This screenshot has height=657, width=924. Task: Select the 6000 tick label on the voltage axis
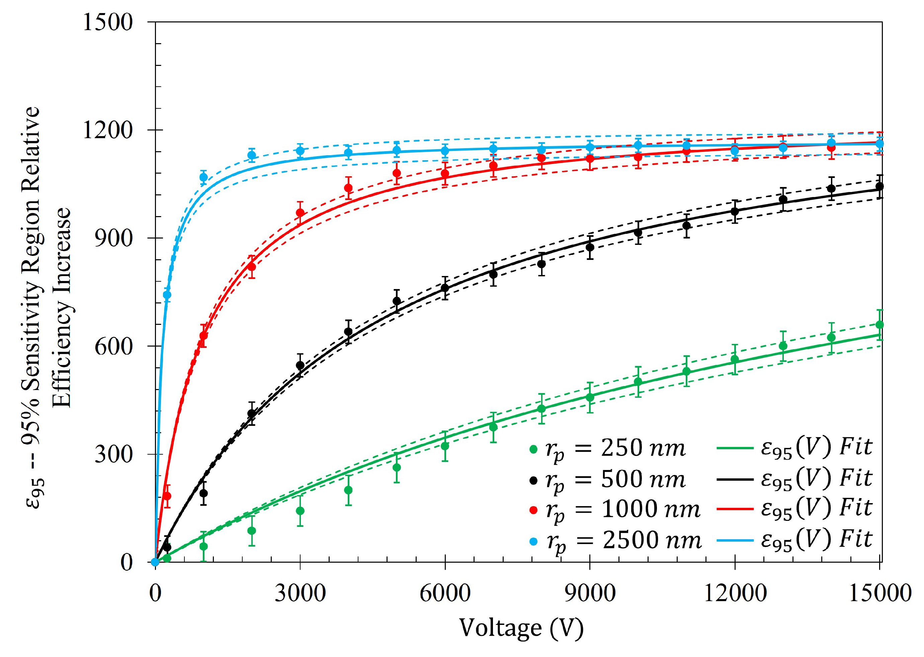click(x=444, y=594)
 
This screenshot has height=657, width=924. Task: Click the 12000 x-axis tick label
click(x=735, y=594)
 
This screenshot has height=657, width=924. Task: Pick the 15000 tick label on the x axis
click(x=879, y=594)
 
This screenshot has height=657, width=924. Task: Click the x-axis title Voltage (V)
click(x=521, y=628)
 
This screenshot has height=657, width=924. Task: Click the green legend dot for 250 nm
click(x=533, y=449)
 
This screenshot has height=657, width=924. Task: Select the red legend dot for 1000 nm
click(x=533, y=510)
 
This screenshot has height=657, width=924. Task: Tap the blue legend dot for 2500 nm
click(x=533, y=541)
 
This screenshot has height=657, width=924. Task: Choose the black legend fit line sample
click(x=735, y=480)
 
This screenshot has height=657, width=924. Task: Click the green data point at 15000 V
click(x=879, y=325)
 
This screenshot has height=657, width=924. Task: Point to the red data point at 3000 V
click(x=300, y=213)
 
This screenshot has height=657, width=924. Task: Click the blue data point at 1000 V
click(x=203, y=177)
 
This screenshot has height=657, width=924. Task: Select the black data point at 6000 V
click(x=445, y=288)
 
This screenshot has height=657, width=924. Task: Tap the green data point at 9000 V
click(x=590, y=398)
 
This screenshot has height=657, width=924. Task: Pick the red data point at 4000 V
click(x=348, y=188)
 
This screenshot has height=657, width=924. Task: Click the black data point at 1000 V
click(x=203, y=493)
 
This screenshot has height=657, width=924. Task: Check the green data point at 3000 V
click(x=300, y=511)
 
